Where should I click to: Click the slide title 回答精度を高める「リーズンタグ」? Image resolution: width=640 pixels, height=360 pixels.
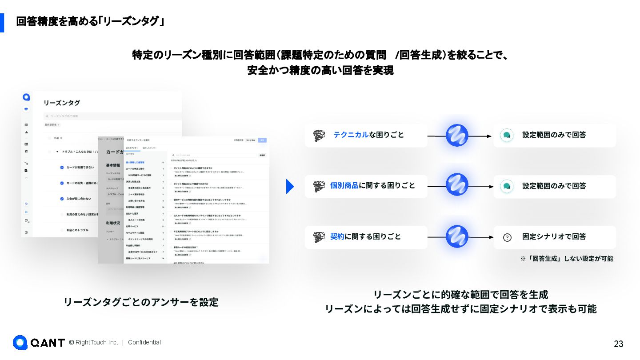[x=90, y=21]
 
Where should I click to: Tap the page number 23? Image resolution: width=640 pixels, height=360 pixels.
[x=618, y=344]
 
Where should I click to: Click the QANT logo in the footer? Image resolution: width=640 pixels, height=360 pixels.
[x=39, y=343]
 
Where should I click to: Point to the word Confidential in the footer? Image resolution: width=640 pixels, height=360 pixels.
[x=144, y=342]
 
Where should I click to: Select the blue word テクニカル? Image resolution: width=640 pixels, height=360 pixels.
[x=351, y=135]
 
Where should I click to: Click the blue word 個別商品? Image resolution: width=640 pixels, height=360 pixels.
[x=344, y=185]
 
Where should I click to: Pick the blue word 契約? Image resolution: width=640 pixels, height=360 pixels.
[x=337, y=236]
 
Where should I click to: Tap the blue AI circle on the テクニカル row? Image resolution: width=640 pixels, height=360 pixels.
[x=457, y=136]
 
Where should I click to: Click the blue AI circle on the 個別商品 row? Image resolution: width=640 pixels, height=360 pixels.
[x=457, y=184]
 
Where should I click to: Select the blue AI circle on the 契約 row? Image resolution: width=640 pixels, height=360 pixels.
[x=457, y=236]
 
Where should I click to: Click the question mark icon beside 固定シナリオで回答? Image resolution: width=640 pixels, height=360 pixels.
[x=507, y=237]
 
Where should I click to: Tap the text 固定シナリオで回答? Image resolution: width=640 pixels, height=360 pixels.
[x=554, y=236]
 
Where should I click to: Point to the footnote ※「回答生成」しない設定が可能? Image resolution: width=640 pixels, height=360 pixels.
[x=567, y=258]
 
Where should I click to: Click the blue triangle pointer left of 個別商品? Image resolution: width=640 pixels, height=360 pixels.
[x=290, y=186]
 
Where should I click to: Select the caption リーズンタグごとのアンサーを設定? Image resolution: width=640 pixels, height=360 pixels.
[x=141, y=302]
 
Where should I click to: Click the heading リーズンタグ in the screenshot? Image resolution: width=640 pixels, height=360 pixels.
[x=62, y=103]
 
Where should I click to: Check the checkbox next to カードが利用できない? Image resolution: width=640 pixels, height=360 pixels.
[x=62, y=167]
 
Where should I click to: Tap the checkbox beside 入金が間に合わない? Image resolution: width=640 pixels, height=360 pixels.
[x=62, y=199]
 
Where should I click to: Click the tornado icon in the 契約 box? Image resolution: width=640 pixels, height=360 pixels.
[x=319, y=237]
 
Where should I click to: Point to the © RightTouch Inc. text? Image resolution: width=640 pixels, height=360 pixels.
[x=93, y=342]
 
